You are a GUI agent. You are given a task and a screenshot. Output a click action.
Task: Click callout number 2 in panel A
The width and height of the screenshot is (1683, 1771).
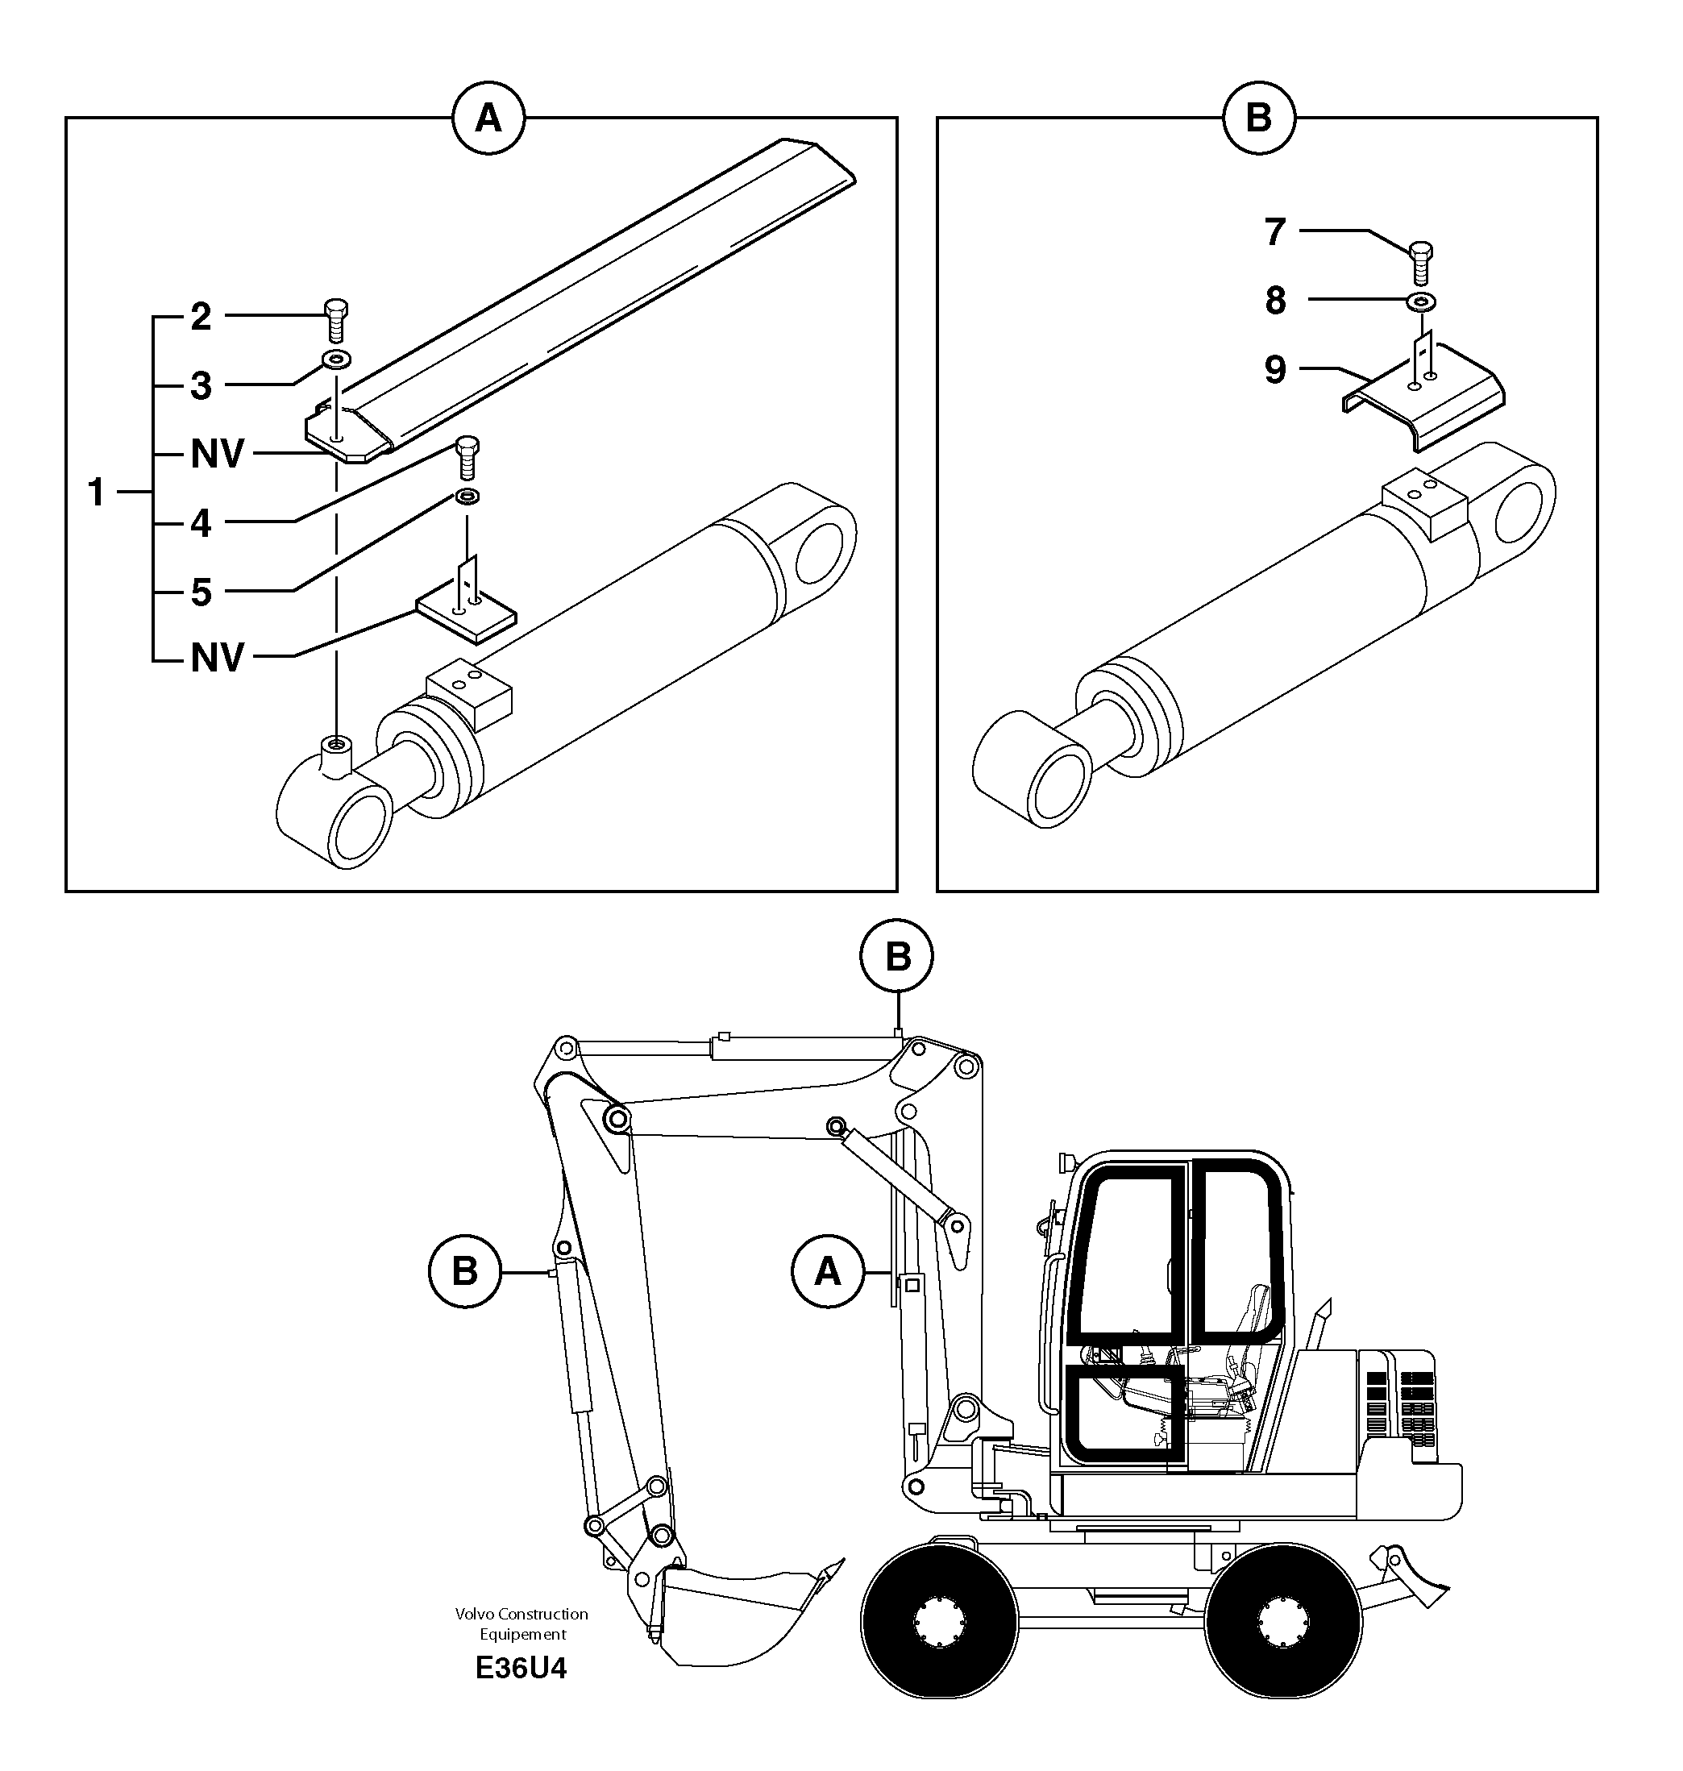click(x=201, y=318)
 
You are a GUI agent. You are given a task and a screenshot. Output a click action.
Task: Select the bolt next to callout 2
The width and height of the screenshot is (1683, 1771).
click(x=335, y=320)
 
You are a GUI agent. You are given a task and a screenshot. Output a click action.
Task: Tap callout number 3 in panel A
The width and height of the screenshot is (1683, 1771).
click(x=201, y=387)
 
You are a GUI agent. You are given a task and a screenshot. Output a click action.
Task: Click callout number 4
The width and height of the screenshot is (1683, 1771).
click(x=201, y=524)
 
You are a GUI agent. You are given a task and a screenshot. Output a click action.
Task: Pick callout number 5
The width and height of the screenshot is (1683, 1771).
click(x=201, y=593)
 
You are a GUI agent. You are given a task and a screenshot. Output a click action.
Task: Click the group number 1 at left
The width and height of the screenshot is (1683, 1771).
click(x=96, y=493)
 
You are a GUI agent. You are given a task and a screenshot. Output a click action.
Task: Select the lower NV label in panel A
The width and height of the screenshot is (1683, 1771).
click(x=217, y=659)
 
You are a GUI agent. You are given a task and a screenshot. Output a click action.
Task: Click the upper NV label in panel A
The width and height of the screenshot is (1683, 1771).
click(x=217, y=455)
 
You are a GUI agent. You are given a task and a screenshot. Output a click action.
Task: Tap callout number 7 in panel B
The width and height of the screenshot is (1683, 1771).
click(x=1276, y=232)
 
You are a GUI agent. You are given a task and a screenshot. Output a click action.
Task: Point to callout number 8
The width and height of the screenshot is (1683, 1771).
click(x=1276, y=301)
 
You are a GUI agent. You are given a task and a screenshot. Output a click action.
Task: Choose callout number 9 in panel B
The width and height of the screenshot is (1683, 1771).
click(x=1276, y=370)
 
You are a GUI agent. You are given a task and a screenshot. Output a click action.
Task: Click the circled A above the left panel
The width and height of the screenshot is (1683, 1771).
click(x=488, y=118)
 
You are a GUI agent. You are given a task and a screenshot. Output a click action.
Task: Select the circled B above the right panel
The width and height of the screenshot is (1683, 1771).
click(x=1259, y=118)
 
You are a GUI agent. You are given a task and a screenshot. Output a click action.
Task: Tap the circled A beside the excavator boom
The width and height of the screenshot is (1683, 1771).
click(x=827, y=1271)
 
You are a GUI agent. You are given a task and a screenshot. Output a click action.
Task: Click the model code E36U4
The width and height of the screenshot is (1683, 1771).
click(x=522, y=1669)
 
